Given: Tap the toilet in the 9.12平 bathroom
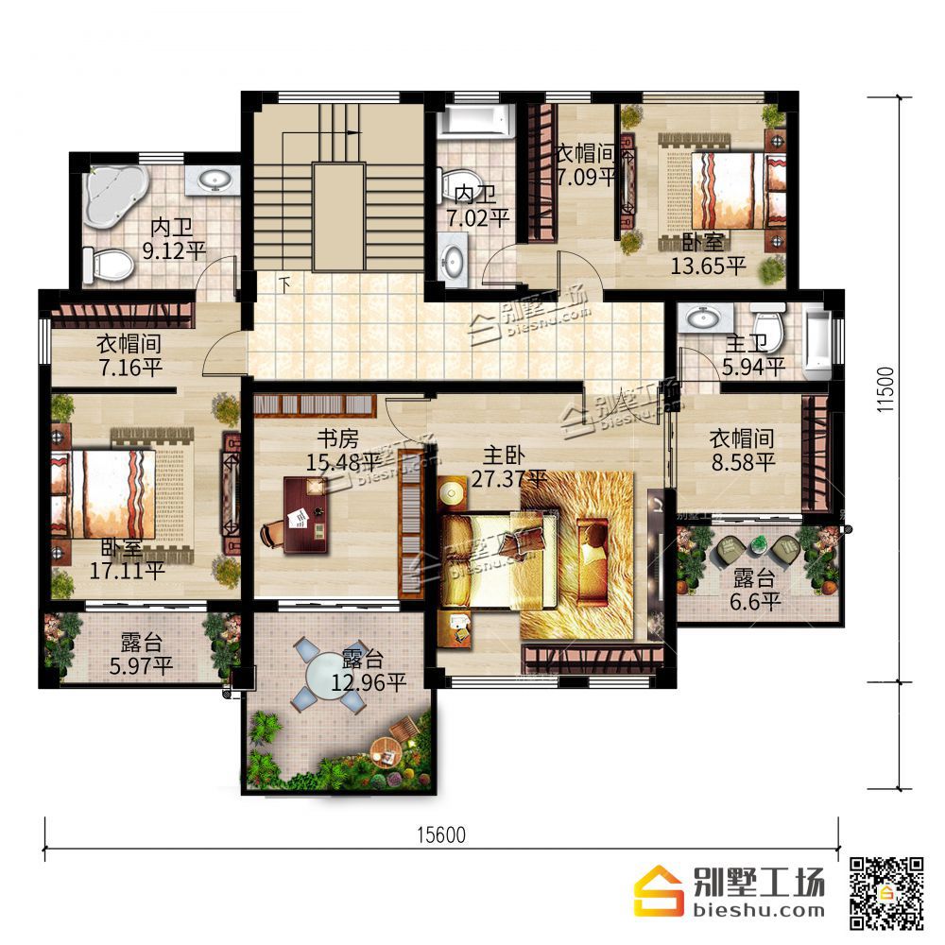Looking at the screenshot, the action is click(x=108, y=265).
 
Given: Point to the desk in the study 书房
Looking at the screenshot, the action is click(x=305, y=514).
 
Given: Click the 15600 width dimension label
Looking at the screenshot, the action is click(x=441, y=834).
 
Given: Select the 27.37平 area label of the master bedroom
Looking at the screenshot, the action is click(x=508, y=479).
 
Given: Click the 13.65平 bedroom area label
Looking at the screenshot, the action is click(x=709, y=266).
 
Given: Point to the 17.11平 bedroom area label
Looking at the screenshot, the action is click(x=128, y=570).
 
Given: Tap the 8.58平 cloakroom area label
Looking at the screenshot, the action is click(x=743, y=462).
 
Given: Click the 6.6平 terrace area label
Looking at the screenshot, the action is click(x=755, y=601).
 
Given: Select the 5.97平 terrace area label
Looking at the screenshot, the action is click(x=141, y=665).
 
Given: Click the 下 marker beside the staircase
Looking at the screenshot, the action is click(x=284, y=283).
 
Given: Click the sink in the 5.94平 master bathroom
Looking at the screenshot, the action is click(x=703, y=317).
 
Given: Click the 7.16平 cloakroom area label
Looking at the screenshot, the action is click(x=130, y=367).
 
